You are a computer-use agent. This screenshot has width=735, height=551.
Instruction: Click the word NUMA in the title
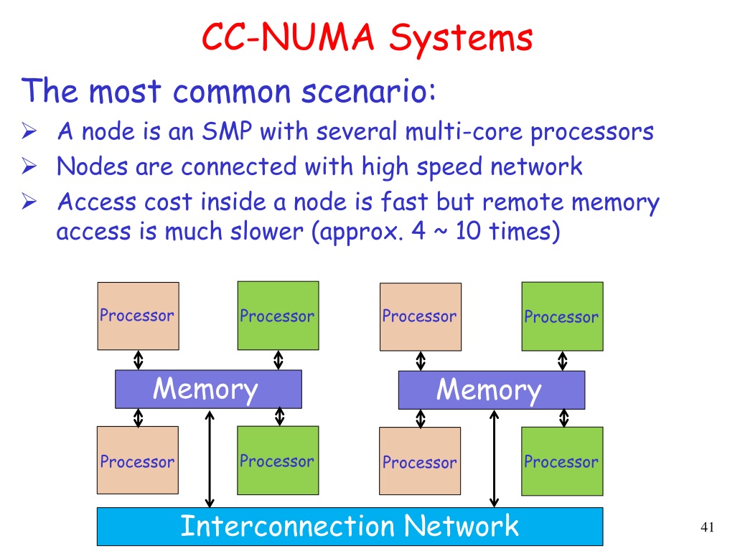click(x=317, y=37)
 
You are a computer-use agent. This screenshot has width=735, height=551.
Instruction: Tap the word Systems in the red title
click(x=462, y=39)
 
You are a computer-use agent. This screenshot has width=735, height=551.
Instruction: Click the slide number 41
click(x=707, y=527)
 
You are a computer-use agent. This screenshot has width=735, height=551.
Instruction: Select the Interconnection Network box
click(x=350, y=526)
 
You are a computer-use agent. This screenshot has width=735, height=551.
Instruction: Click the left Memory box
click(x=209, y=389)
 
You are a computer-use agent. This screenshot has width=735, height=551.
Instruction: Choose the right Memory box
click(x=492, y=390)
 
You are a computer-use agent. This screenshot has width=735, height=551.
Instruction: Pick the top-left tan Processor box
click(x=139, y=316)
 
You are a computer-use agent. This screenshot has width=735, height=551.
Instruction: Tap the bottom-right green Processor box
click(x=562, y=461)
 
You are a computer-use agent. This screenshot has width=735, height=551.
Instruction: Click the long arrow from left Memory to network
click(x=210, y=459)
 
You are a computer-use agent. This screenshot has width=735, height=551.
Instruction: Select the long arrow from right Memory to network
click(x=494, y=459)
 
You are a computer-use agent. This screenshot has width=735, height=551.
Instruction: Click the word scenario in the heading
click(x=364, y=91)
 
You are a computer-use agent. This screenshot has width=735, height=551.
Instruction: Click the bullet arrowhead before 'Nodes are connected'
click(x=29, y=166)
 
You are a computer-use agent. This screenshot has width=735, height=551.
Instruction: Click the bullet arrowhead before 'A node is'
click(x=29, y=131)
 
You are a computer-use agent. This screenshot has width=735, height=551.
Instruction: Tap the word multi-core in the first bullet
click(x=464, y=131)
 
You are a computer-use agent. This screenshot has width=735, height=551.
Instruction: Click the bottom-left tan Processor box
click(x=138, y=460)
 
